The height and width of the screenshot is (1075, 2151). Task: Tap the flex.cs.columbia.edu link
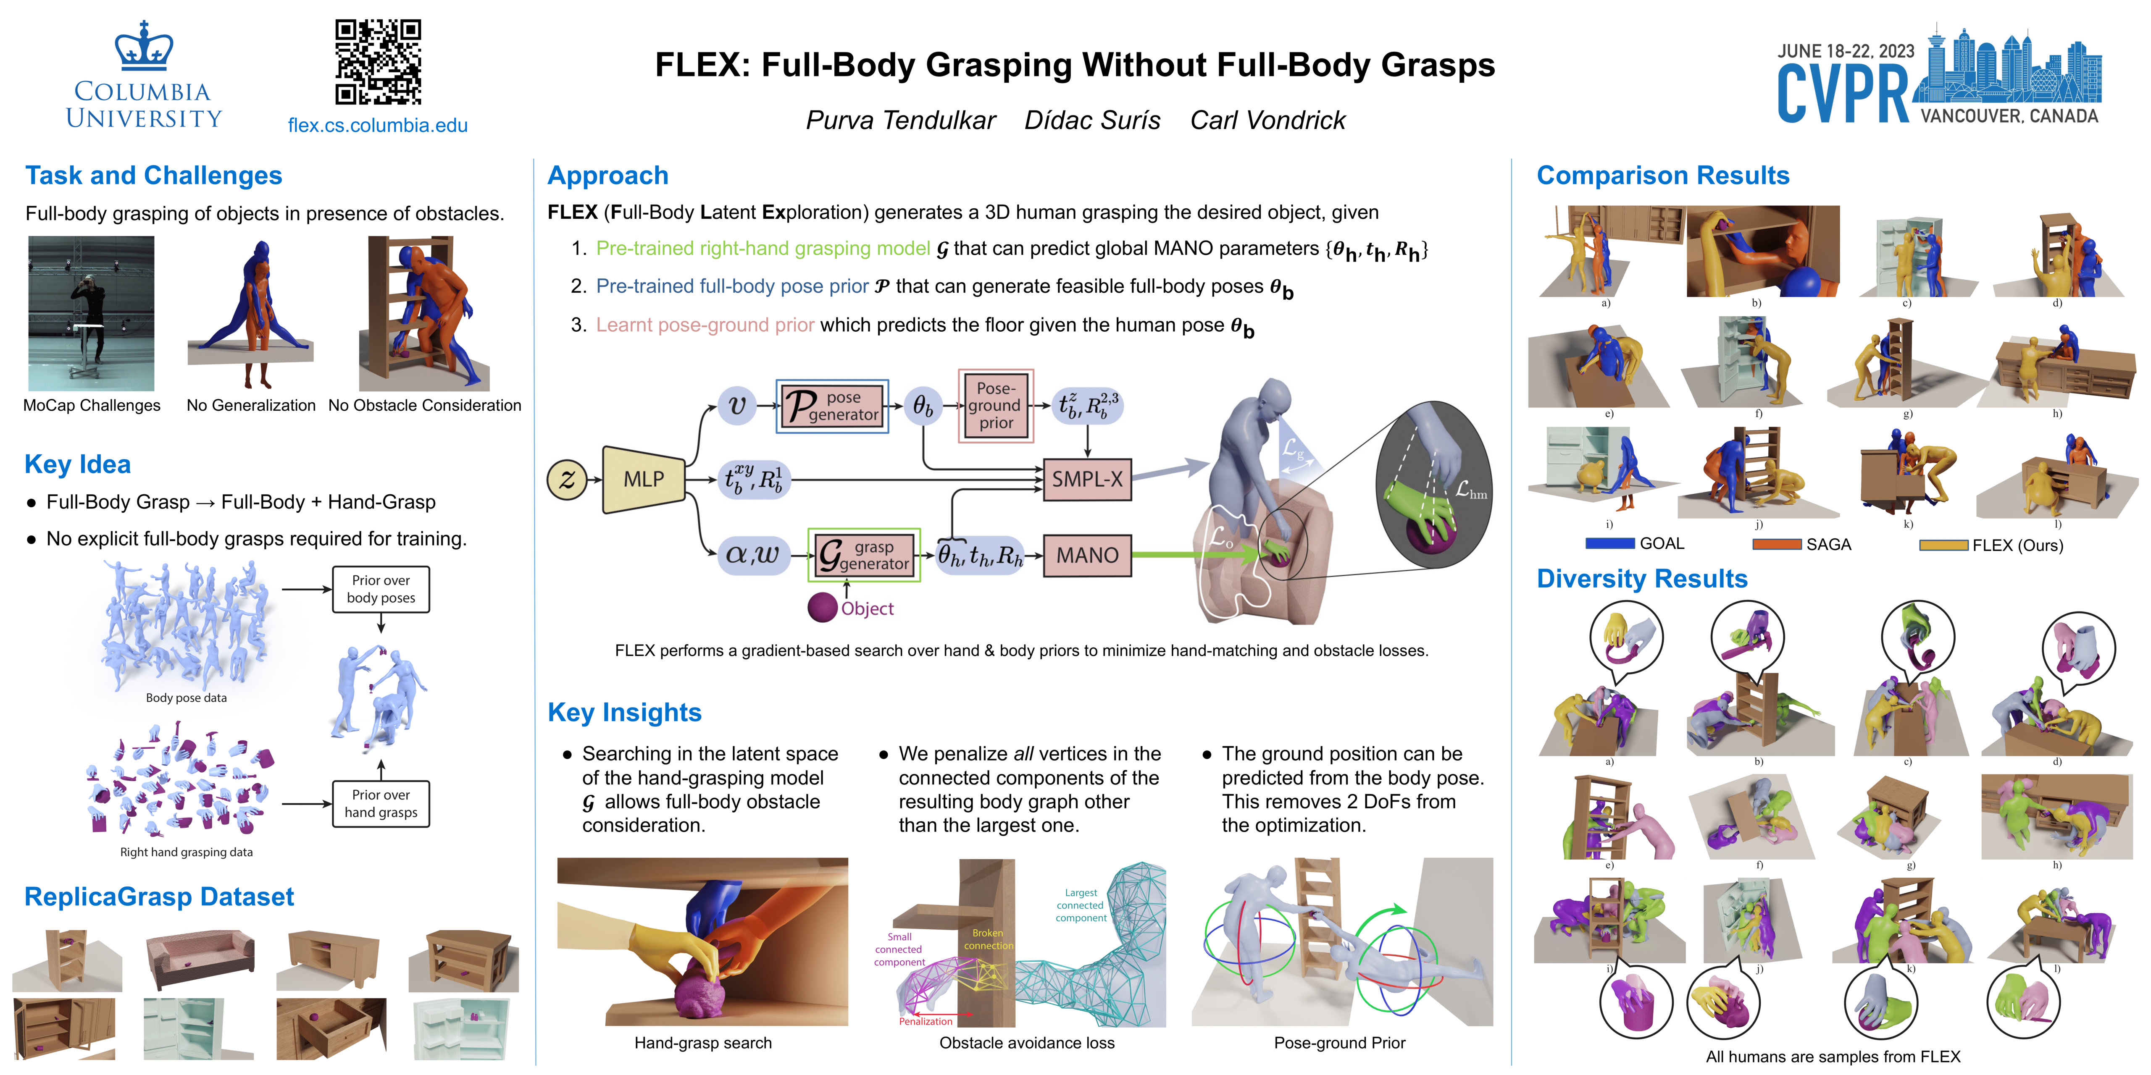tap(377, 125)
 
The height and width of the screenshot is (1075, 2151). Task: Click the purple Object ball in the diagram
tap(823, 608)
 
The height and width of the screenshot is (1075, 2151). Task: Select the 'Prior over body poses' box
tap(381, 589)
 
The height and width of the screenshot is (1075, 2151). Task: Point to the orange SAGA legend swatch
tap(1776, 544)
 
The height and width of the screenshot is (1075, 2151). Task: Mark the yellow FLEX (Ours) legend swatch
tap(1943, 545)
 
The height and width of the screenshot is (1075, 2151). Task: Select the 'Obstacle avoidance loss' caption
tap(1026, 1042)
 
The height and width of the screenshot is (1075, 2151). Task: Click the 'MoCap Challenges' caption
tap(92, 406)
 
